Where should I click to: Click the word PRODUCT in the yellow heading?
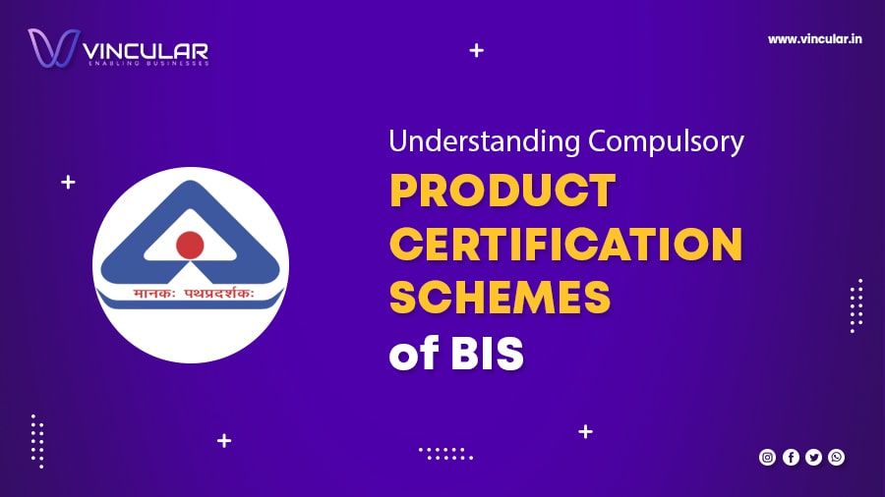point(502,191)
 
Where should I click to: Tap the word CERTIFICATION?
point(565,245)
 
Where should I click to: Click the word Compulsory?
point(666,141)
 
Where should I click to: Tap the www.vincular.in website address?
point(815,39)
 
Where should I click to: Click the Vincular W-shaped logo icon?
point(52,48)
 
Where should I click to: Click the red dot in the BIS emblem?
point(190,245)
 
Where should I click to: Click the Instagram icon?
point(767,457)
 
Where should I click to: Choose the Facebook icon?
point(791,457)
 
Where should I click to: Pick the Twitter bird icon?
point(813,457)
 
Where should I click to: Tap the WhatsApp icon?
point(836,457)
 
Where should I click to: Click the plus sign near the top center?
point(477,50)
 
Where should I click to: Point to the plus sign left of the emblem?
point(68,182)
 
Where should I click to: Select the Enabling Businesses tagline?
point(147,63)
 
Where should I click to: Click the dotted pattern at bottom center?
point(445,453)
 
